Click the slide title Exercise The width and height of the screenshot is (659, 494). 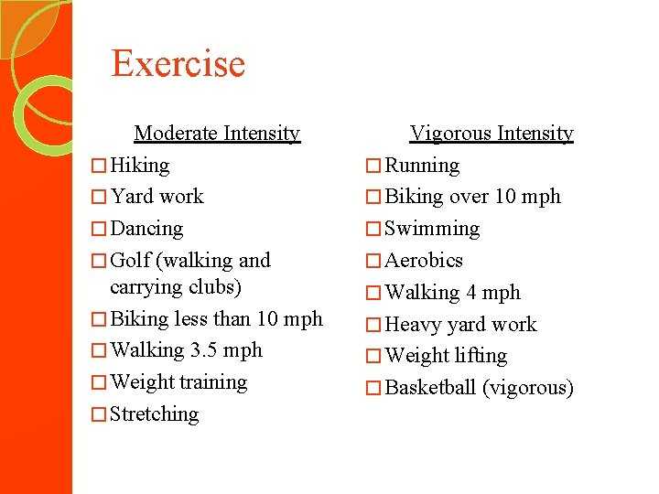178,64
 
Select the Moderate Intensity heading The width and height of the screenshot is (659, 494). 216,134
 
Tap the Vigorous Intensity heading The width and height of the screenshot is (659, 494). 492,134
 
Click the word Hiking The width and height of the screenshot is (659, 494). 139,166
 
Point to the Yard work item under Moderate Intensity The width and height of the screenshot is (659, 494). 157,197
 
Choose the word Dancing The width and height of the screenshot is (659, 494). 146,229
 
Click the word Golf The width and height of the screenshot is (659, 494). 130,261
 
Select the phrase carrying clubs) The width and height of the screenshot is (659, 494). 175,287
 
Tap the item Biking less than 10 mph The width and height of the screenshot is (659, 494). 215,319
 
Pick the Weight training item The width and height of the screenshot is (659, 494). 178,382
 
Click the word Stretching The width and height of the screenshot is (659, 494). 154,414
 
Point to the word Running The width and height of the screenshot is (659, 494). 422,166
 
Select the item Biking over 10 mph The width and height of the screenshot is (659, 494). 472,197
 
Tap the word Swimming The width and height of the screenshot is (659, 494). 432,229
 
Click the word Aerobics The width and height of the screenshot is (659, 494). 424,261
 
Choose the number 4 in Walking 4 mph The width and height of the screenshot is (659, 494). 471,293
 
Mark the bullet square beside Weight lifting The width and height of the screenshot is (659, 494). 372,357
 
